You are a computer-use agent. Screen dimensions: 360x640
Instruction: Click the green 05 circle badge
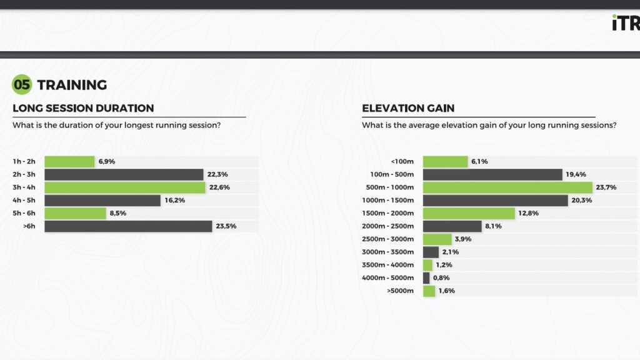tap(22, 85)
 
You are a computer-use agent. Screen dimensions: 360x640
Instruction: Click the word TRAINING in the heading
tap(72, 85)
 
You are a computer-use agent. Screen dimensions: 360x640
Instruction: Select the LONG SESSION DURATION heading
tap(83, 108)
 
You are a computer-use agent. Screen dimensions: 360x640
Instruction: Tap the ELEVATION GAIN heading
tap(408, 108)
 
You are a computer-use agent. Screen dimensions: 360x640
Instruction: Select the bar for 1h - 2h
tap(69, 161)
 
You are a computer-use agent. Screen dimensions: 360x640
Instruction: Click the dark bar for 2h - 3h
tap(124, 174)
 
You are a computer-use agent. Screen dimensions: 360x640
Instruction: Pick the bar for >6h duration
tap(128, 226)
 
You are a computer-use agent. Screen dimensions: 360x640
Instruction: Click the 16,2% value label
tap(175, 201)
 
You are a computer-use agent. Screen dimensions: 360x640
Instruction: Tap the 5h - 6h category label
tap(24, 213)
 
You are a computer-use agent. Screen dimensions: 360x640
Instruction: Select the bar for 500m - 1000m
tap(507, 187)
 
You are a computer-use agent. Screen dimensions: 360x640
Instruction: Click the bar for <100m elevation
tap(445, 161)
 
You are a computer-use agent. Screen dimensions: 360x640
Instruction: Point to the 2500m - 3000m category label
tap(387, 239)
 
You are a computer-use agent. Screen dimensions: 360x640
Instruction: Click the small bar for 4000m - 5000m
tap(426, 278)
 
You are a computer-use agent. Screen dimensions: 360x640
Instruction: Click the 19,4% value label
tap(576, 174)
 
